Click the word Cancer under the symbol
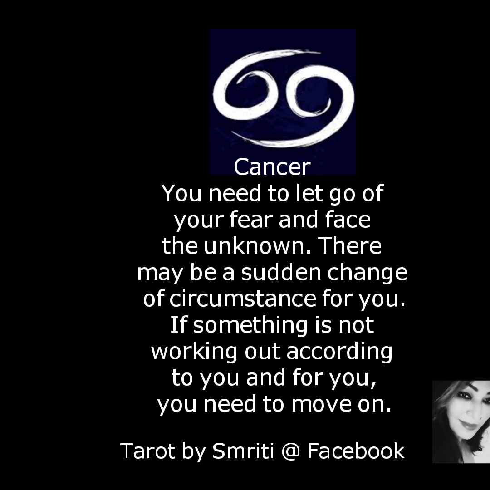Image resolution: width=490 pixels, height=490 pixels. pos(272,167)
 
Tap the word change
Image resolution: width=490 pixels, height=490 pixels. pos(367,273)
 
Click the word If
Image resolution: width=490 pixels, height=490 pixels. pos(177,324)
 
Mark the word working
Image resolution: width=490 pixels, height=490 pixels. pos(194,352)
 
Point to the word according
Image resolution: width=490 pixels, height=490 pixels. pos(339,352)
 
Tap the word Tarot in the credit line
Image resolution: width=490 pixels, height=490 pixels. pos(147,451)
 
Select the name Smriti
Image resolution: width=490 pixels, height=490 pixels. pos(243,451)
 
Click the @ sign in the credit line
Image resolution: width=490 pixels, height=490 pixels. pos(291,451)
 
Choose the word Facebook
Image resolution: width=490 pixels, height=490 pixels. pos(356,451)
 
